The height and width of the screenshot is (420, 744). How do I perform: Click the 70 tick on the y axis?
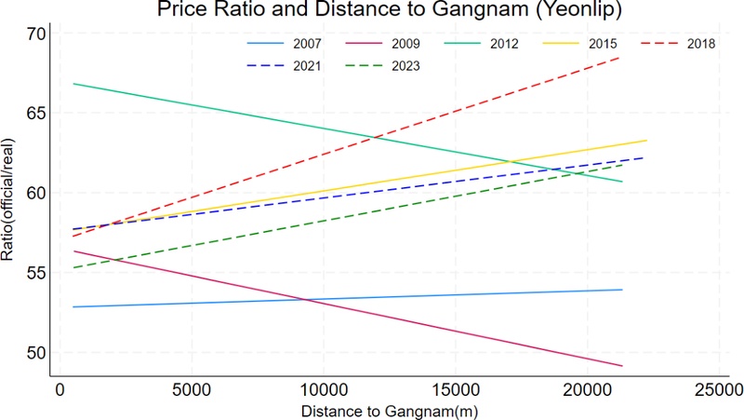coord(35,34)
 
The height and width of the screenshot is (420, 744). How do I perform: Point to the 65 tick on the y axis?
coord(35,114)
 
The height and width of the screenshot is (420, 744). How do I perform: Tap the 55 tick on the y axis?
coord(35,273)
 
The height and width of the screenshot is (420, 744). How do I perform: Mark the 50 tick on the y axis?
coord(35,353)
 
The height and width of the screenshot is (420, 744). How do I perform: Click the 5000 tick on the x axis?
coord(191,389)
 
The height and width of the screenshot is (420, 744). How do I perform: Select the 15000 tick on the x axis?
coord(455,389)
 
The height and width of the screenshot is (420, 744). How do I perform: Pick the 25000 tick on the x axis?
coord(719,389)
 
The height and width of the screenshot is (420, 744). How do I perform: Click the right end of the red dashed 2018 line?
coord(620,57)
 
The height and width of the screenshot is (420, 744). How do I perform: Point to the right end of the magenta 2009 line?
coord(621,366)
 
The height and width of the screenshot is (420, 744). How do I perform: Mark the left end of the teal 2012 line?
coord(73,84)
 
